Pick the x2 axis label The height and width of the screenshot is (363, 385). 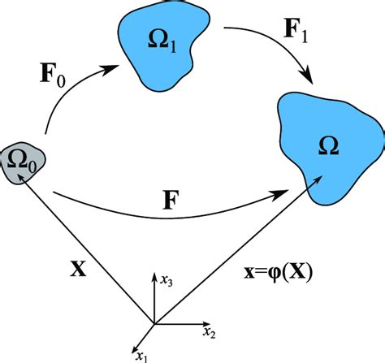pos(210,332)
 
